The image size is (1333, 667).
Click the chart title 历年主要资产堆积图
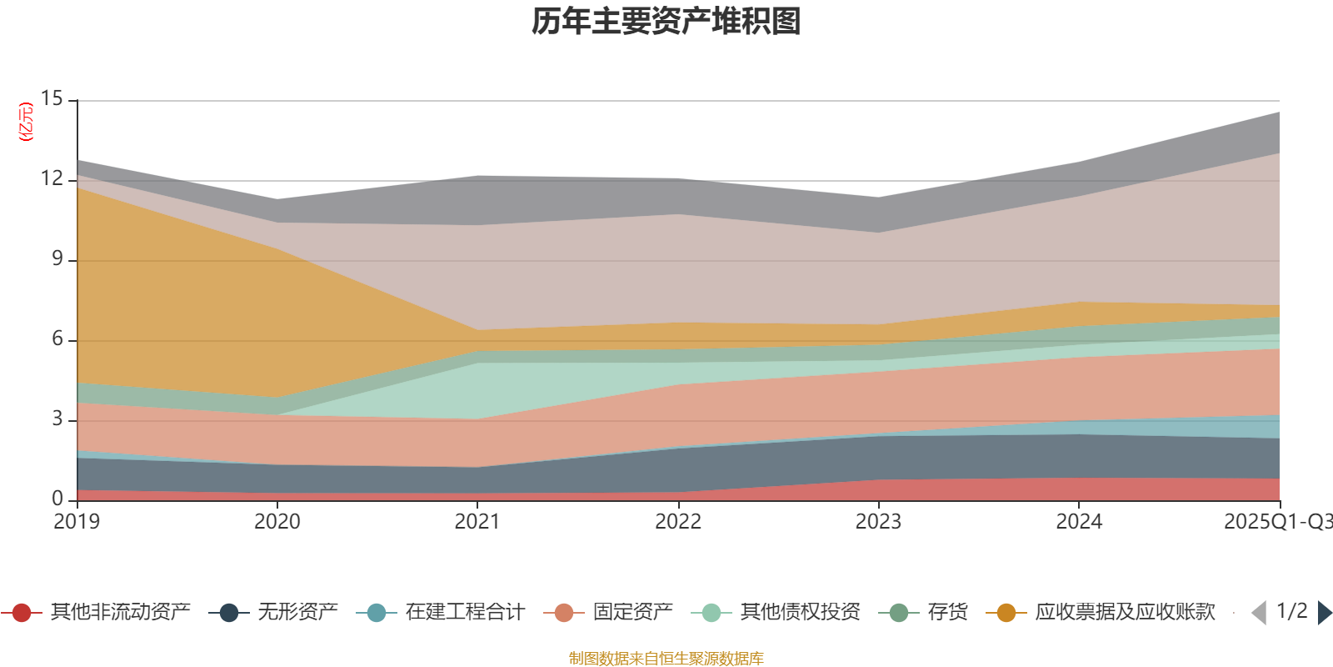666,22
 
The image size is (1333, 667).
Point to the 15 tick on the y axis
52,99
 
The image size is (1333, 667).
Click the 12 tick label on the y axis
52,179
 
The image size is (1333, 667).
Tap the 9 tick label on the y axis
57,259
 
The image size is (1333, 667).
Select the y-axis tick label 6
57,339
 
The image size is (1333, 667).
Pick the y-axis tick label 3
57,419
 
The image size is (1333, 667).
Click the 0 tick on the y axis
57,499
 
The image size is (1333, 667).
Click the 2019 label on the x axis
77,522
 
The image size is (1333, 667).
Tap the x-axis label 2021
477,522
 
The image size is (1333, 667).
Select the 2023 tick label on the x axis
878,522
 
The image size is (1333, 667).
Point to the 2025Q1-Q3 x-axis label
1277,522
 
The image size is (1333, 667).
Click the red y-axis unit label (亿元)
27,122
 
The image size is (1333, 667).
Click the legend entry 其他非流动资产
120,613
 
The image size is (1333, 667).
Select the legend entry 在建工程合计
465,613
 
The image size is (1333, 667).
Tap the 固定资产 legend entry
632,613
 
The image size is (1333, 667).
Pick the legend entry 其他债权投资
800,613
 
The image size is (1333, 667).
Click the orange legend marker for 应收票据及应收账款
1006,613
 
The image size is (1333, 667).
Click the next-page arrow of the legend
1324,613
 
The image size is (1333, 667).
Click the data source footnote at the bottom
666,659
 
